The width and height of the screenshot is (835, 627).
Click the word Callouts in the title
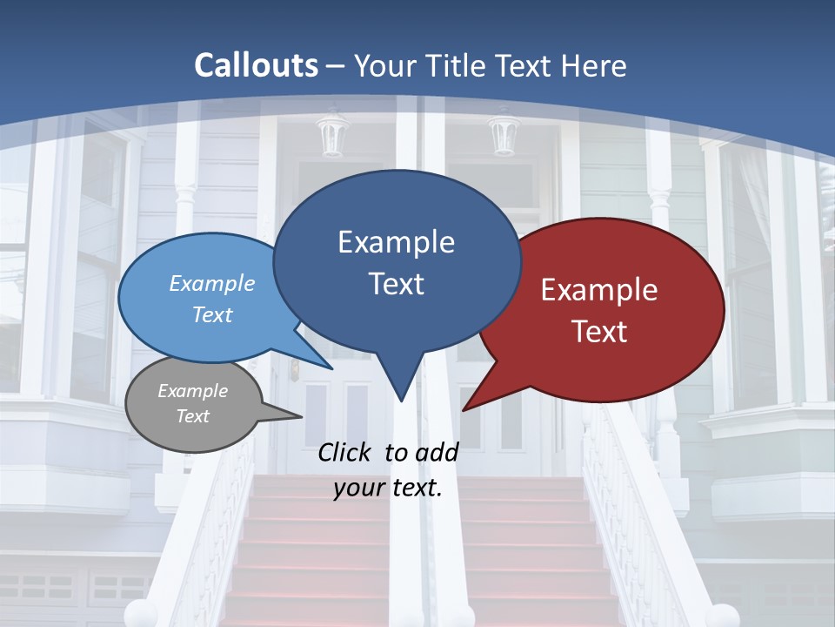(256, 65)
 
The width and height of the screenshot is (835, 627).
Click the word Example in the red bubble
(599, 290)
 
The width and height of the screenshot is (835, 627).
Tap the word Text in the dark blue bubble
(396, 284)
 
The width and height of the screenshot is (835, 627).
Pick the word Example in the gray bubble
(192, 391)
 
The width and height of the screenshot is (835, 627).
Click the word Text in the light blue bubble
(212, 314)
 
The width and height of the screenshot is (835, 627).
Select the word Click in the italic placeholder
(347, 452)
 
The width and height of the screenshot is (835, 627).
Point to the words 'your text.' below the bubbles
(388, 488)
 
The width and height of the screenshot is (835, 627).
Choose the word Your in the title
(385, 65)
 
